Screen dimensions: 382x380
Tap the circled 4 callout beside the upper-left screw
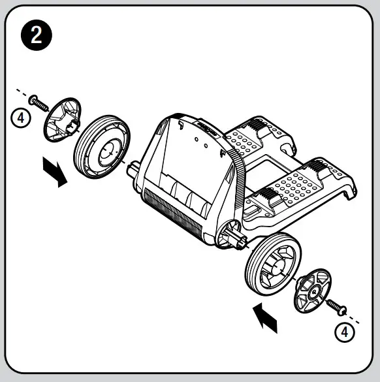pos(22,118)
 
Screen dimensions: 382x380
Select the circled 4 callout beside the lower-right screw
pos(344,331)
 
